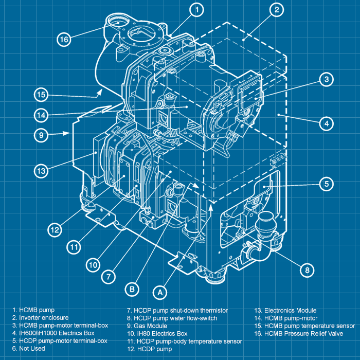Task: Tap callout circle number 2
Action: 276,9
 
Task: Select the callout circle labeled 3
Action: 326,79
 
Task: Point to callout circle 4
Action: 326,123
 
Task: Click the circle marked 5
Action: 326,184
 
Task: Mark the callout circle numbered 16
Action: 63,40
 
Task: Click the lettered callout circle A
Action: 160,292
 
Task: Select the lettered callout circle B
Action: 132,290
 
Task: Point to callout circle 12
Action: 56,228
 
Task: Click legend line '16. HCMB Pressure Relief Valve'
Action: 304,334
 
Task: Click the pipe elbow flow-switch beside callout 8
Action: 257,252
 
